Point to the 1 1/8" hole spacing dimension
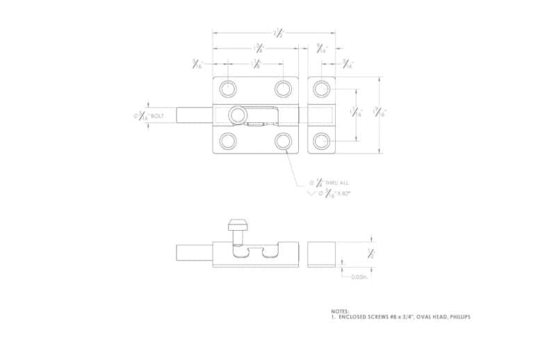pyautogui.click(x=256, y=65)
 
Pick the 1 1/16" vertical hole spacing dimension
pyautogui.click(x=357, y=114)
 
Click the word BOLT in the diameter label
pyautogui.click(x=157, y=116)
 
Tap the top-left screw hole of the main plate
pyautogui.click(x=227, y=88)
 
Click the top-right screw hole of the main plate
pyautogui.click(x=283, y=88)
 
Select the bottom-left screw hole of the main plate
pyautogui.click(x=227, y=141)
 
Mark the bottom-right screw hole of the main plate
pyautogui.click(x=283, y=141)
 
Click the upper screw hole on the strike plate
pyautogui.click(x=320, y=88)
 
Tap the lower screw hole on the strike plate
pyautogui.click(x=320, y=141)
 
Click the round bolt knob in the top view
pyautogui.click(x=240, y=114)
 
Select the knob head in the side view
pyautogui.click(x=237, y=224)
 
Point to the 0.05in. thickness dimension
pyautogui.click(x=359, y=277)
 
